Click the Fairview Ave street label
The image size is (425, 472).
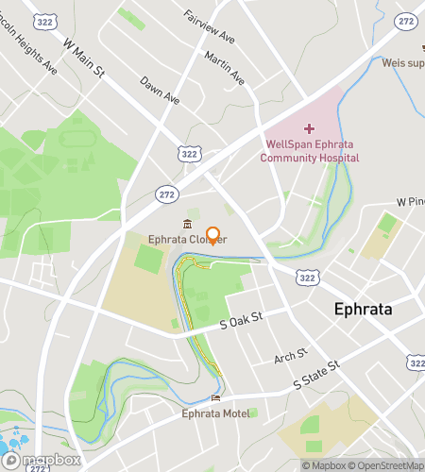tap(209, 28)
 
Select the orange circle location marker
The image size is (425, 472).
tap(213, 235)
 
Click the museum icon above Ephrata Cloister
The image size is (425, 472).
tap(188, 224)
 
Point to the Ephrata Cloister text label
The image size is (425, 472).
tap(188, 240)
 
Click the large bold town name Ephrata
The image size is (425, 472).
tap(364, 310)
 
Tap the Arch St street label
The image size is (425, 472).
tap(290, 357)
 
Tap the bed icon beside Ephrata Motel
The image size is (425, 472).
tap(216, 398)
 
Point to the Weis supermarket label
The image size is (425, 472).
tap(405, 62)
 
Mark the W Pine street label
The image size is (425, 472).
tap(410, 202)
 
